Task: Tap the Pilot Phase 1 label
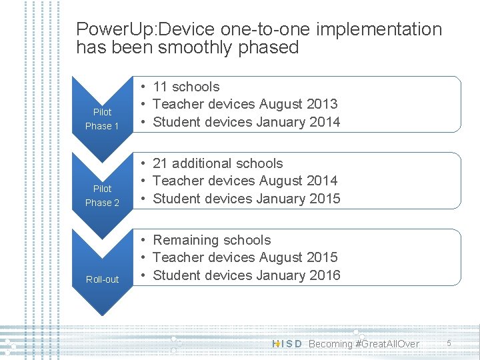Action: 102,119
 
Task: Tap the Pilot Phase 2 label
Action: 102,195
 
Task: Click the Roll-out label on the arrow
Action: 102,279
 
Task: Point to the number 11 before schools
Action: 160,87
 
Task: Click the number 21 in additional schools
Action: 160,163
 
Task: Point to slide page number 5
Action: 449,343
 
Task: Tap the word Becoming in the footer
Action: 331,344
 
